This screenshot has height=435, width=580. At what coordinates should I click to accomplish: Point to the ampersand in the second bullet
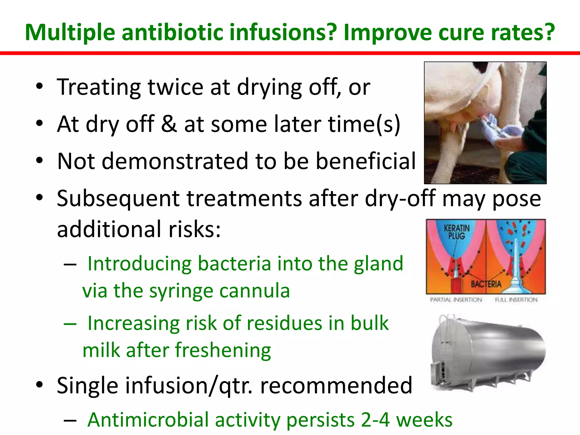pyautogui.click(x=169, y=124)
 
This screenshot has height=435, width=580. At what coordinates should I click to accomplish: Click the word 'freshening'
pyautogui.click(x=223, y=350)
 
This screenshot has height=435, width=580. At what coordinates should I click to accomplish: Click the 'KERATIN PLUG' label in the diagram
pyautogui.click(x=456, y=232)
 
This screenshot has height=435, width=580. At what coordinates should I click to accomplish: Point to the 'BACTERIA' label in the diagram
pyautogui.click(x=486, y=284)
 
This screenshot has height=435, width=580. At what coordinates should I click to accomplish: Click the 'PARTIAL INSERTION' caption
pyautogui.click(x=456, y=300)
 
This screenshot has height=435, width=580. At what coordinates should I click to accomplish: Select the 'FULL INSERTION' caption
pyautogui.click(x=516, y=300)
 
